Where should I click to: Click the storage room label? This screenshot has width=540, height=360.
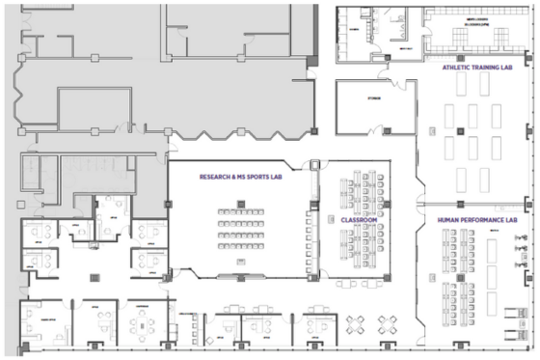coord(374,97)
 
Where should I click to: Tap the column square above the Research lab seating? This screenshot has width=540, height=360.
coord(241,202)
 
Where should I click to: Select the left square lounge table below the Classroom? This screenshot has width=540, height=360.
coord(355,323)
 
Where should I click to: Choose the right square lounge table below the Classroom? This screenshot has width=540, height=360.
coord(388,323)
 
